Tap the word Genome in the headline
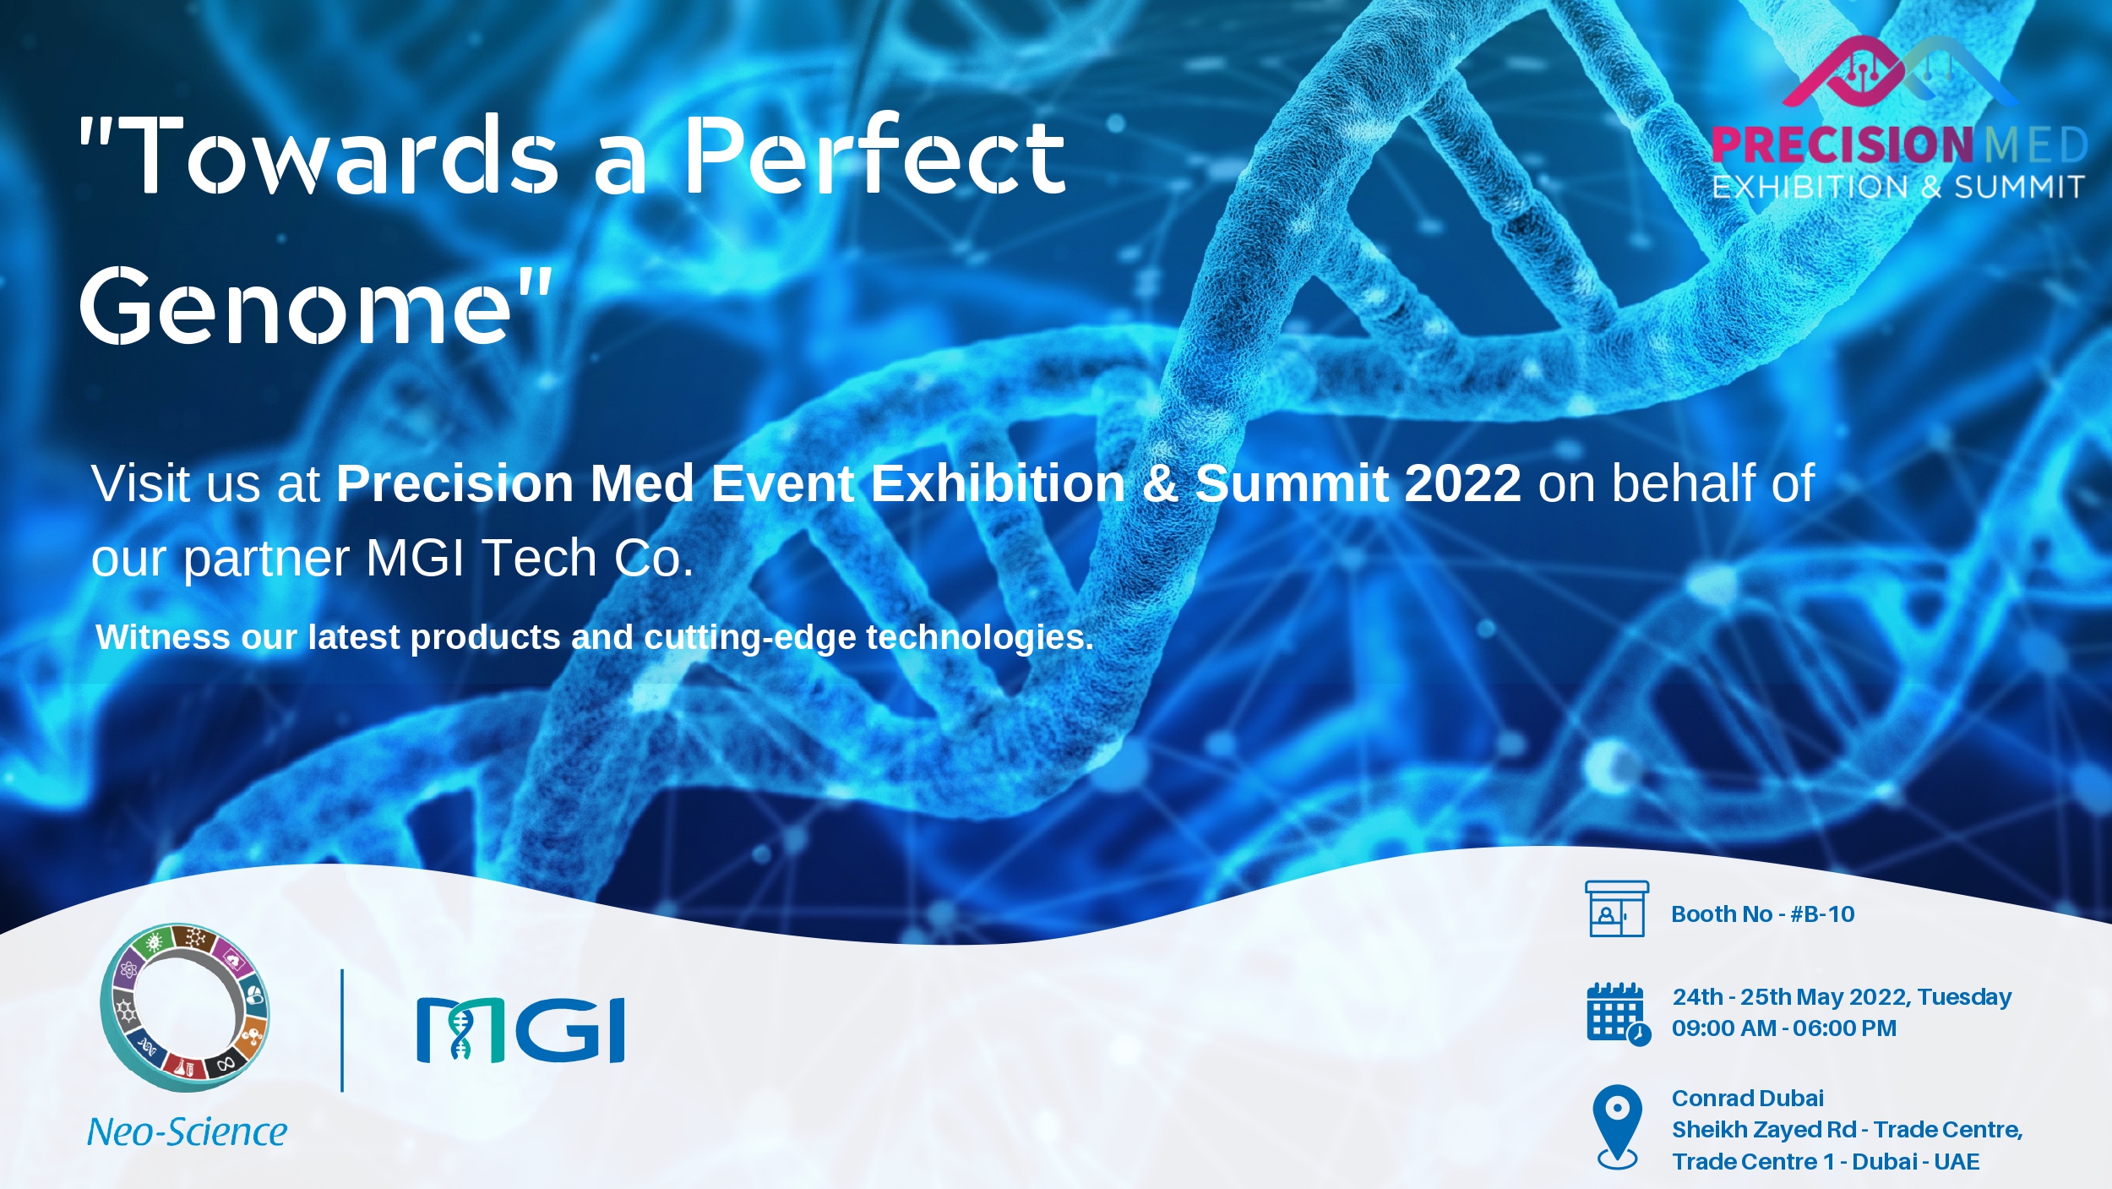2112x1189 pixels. (296, 306)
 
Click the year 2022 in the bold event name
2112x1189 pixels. (1462, 483)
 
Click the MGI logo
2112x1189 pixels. (520, 1029)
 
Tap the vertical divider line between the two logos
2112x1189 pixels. (342, 1030)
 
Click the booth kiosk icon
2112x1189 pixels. (1617, 909)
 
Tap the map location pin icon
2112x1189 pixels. (1617, 1126)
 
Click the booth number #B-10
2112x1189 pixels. (1822, 914)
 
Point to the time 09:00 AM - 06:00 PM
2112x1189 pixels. (1784, 1028)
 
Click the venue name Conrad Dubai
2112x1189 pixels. (1748, 1099)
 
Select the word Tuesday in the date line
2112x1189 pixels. (1964, 998)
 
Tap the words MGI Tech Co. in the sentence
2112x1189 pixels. (530, 559)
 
